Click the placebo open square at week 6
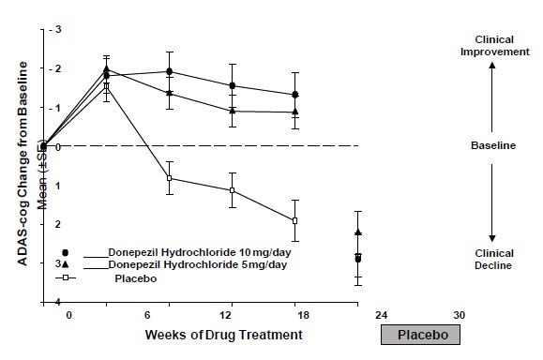[170, 177]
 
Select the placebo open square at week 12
[233, 190]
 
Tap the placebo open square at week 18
[295, 220]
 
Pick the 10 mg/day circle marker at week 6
[170, 71]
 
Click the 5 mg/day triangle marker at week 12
[233, 111]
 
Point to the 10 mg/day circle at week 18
[295, 95]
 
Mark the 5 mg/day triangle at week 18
[295, 112]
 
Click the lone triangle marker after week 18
[358, 232]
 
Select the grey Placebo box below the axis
[420, 334]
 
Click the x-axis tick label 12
[225, 316]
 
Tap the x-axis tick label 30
[460, 316]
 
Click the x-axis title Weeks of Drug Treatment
[224, 334]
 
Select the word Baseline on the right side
[492, 146]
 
